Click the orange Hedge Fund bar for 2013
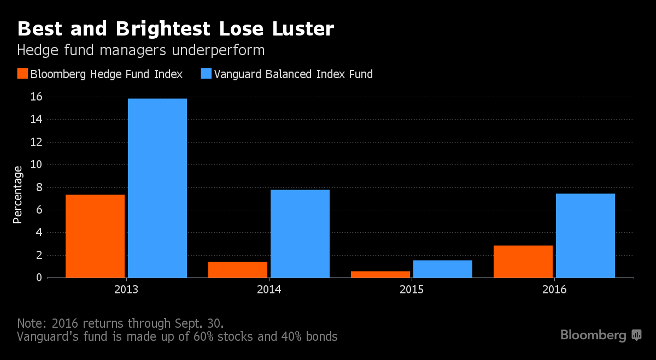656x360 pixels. click(x=95, y=236)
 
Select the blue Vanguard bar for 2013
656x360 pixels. click(x=157, y=188)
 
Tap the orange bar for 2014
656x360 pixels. click(x=238, y=269)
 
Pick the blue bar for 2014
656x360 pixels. click(x=300, y=233)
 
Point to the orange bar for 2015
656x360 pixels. click(x=380, y=274)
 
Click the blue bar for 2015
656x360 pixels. click(x=443, y=269)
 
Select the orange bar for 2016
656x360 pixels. click(x=523, y=261)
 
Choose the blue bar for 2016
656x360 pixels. click(x=585, y=235)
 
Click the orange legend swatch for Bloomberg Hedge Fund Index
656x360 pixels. click(x=22, y=74)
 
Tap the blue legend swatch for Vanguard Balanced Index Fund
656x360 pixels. click(x=206, y=74)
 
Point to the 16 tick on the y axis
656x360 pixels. click(x=36, y=97)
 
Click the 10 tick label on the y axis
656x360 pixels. click(x=36, y=164)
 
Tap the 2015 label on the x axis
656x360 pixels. click(x=412, y=290)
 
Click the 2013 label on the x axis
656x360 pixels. click(x=126, y=290)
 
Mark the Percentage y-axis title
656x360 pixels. click(x=18, y=194)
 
